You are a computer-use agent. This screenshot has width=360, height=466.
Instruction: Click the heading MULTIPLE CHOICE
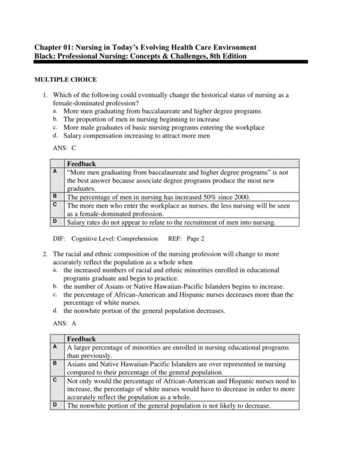65,79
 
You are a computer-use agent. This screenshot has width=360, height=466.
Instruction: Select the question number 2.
44,254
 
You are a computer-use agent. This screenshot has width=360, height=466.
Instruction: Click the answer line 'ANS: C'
65,147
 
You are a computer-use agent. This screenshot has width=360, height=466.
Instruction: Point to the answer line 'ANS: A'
65,322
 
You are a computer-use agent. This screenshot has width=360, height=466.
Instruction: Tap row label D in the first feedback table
55,222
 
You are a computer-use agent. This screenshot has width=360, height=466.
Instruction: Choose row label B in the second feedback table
55,363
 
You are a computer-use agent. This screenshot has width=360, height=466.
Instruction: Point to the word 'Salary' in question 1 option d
76,136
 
